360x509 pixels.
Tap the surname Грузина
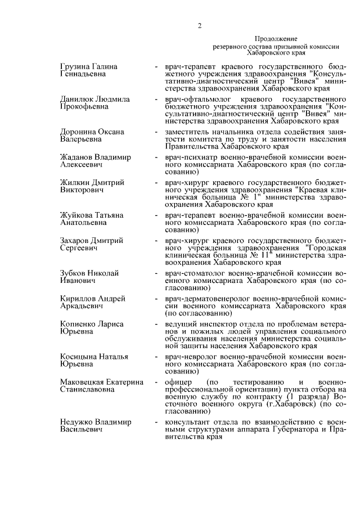tap(76, 67)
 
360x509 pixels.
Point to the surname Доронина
tap(79, 132)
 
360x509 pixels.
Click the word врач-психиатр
tap(190, 157)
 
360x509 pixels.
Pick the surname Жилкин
tap(75, 183)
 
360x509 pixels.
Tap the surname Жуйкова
tap(77, 215)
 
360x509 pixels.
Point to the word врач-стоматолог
tap(194, 273)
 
